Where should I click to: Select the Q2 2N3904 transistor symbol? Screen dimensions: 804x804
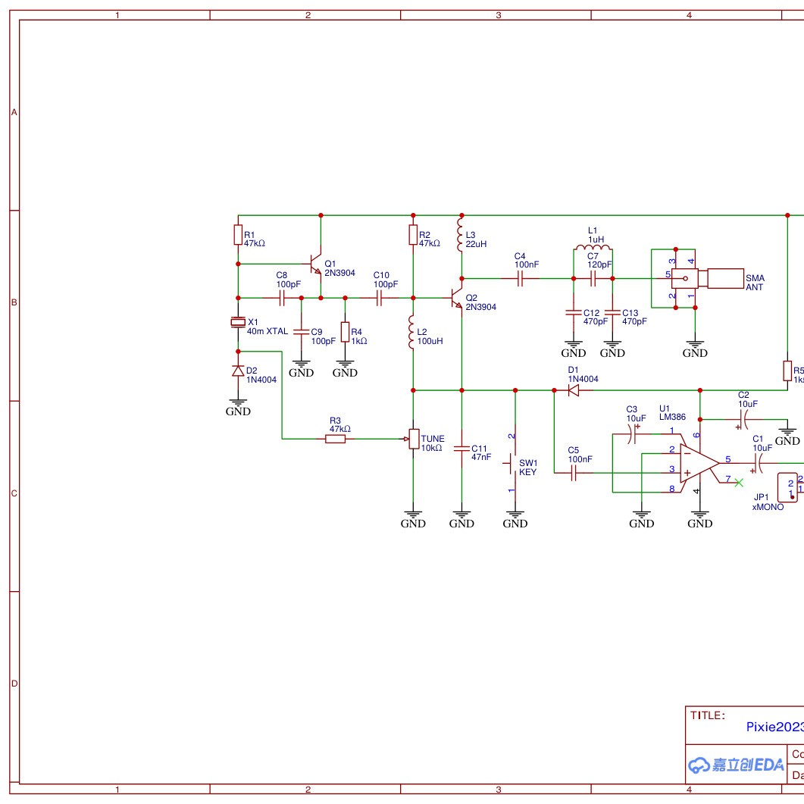pos(456,298)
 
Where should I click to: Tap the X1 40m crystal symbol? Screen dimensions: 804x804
pos(238,324)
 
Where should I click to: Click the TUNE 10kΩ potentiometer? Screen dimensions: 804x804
pos(413,438)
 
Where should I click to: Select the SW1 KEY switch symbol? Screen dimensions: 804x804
pos(514,462)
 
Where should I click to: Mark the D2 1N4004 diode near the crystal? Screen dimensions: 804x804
pos(238,371)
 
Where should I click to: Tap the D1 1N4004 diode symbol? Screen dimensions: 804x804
pos(573,390)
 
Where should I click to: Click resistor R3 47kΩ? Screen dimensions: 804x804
pos(336,438)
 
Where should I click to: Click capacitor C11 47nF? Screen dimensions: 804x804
pos(461,449)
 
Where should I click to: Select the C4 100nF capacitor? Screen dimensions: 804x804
pos(520,278)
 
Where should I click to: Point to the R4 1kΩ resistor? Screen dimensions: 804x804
pos(346,331)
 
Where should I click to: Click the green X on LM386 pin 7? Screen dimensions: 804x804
pos(739,482)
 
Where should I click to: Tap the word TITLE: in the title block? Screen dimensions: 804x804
pos(707,715)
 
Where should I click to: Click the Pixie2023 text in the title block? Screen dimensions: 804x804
pos(774,727)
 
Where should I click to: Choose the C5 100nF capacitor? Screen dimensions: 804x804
pos(573,474)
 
